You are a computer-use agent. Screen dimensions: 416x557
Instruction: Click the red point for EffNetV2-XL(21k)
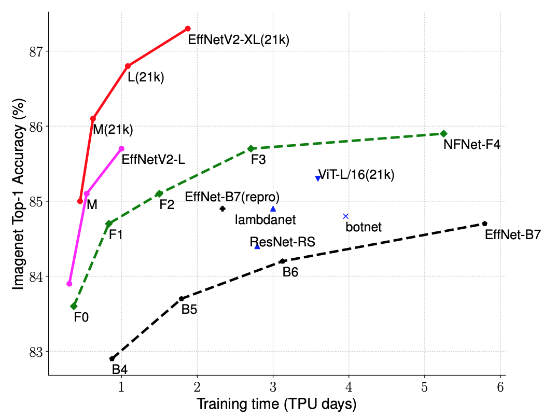[x=188, y=29]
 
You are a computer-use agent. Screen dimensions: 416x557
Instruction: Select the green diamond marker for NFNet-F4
[x=443, y=133]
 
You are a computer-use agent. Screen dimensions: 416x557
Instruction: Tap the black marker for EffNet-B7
[x=484, y=224]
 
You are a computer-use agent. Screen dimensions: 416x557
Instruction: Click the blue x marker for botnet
[x=346, y=216]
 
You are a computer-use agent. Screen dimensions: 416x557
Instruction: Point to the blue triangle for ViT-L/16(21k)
[x=318, y=178]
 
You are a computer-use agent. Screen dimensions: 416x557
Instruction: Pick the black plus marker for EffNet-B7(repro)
[x=222, y=209]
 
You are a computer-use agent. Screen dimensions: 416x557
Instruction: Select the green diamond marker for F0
[x=74, y=306]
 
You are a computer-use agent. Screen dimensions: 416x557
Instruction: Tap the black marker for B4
[x=112, y=358]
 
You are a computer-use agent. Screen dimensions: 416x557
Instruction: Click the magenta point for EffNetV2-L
[x=121, y=148]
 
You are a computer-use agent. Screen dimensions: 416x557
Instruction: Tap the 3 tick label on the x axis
[x=273, y=388]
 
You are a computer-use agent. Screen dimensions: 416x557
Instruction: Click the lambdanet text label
[x=265, y=220]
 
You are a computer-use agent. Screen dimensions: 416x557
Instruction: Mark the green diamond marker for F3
[x=251, y=148]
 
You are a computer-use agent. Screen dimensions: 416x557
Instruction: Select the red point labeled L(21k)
[x=128, y=66]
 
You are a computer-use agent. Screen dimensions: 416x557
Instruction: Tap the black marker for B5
[x=182, y=299]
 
